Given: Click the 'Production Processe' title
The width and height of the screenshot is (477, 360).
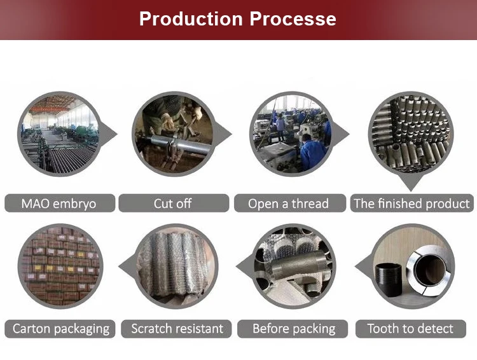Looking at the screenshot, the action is [x=238, y=18].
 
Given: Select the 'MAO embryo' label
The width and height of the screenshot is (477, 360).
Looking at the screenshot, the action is [x=59, y=204].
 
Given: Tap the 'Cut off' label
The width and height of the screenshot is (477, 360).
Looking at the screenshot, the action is [x=173, y=204].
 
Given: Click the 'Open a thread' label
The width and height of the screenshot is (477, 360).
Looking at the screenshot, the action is [x=288, y=204].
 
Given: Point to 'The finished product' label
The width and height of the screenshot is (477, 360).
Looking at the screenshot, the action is [x=411, y=204].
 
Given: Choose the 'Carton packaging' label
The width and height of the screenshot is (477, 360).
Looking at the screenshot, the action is [x=61, y=329].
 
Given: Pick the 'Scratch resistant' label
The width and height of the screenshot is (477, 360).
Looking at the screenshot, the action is [x=177, y=329].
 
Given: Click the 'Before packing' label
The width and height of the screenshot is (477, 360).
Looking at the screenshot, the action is [x=294, y=329].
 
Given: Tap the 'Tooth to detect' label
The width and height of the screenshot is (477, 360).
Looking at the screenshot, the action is [x=410, y=329].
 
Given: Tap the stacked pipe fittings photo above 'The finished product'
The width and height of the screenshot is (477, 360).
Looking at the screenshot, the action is [x=411, y=134].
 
